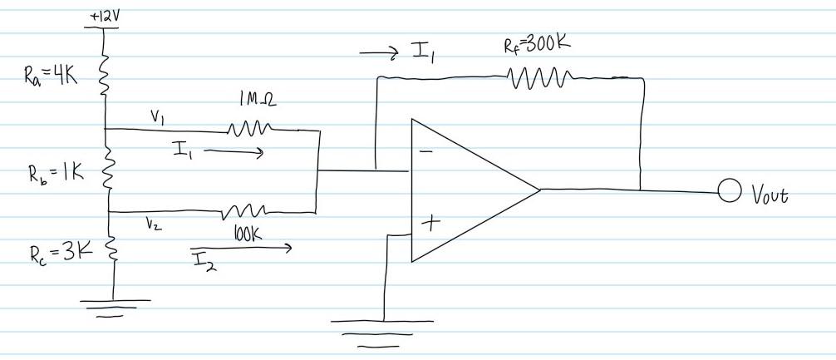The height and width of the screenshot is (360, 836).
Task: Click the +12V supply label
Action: [x=101, y=16]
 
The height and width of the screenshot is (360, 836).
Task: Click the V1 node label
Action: [x=155, y=118]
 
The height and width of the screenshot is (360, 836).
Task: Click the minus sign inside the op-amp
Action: [x=425, y=151]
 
